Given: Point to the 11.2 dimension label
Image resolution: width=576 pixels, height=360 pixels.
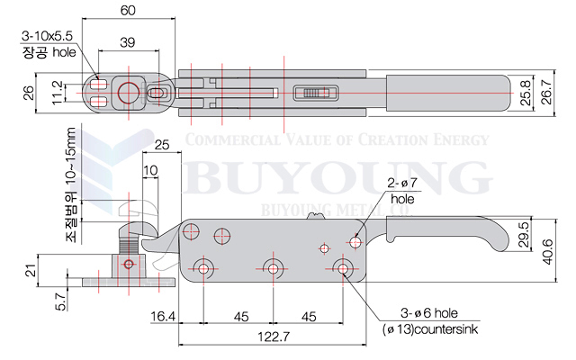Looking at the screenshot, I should point(58,92).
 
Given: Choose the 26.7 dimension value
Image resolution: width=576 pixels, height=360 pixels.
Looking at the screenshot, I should point(546,92).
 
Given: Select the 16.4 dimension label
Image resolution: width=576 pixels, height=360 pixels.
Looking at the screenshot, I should point(164,316).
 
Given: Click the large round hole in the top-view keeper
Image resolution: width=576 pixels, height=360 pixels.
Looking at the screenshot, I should point(128,91).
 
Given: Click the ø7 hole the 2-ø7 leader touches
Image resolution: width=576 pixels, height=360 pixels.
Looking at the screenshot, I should point(355,242).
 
